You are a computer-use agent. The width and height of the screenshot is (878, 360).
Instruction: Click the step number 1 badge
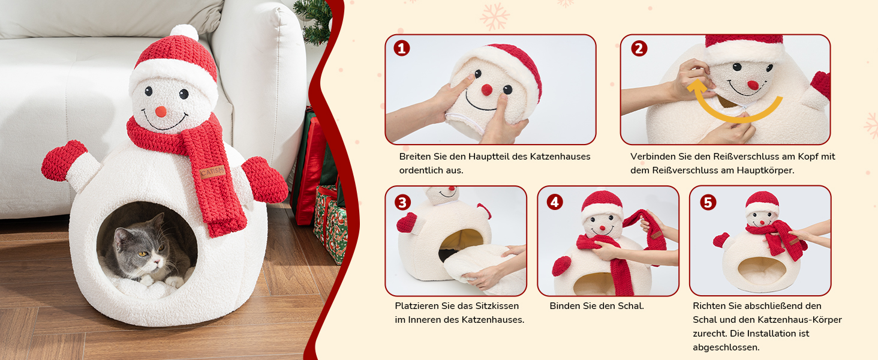pos(401,48)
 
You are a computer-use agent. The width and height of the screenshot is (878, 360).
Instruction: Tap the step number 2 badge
pos(639,48)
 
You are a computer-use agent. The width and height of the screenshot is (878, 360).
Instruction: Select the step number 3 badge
pos(402,202)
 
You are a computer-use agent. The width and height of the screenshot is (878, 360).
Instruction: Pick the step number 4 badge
pos(555,202)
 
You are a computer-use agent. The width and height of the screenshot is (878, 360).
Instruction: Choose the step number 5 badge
pos(708,202)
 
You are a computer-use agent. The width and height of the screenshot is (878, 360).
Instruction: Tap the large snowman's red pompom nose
pos(161,112)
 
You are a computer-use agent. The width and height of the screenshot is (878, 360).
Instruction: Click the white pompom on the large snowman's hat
pos(184,32)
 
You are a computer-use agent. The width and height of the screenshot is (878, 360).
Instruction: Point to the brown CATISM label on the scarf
pos(212,172)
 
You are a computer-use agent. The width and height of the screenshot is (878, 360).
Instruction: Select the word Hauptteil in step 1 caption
pos(489,157)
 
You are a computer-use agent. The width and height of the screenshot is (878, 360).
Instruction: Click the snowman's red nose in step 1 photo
pos(487,90)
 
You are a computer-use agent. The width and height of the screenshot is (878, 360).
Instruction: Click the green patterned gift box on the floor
pos(330,224)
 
